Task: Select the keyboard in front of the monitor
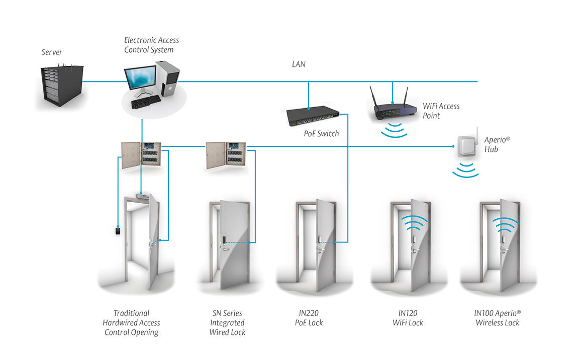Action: (146, 102)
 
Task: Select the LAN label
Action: (299, 64)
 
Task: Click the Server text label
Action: (52, 52)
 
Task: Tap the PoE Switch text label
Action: (321, 134)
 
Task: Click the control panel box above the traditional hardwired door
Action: (141, 156)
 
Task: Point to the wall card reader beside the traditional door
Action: (118, 232)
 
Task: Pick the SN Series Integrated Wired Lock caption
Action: (227, 322)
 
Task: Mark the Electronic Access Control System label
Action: (151, 45)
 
